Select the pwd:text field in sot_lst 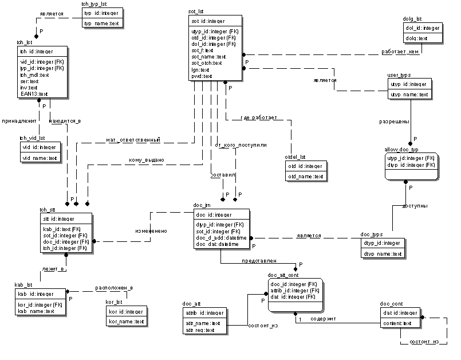click(202, 76)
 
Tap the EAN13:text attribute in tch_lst click(34, 93)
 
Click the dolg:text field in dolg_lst click(416, 38)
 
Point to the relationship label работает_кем click(401, 52)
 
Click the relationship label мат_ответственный click(133, 140)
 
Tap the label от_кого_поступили click(241, 145)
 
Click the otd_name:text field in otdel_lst click(306, 177)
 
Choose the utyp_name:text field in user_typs click(409, 94)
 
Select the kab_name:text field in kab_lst click(36, 311)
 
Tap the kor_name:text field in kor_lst click(126, 322)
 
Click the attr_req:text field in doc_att click(199, 330)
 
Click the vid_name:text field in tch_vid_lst click(40, 158)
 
